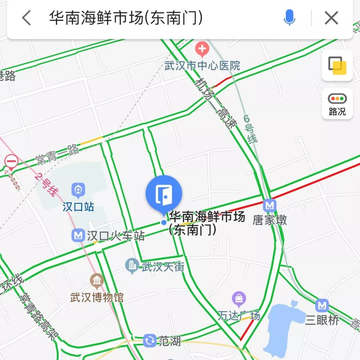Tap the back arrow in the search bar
[x=26, y=18]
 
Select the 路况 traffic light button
[x=337, y=104]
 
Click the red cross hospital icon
[x=202, y=50]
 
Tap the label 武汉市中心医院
[x=202, y=65]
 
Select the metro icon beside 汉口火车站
[x=78, y=236]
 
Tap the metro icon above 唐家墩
[x=269, y=206]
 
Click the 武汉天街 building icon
[x=132, y=266]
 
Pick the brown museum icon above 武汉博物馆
[x=97, y=281]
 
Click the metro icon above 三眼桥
[x=322, y=306]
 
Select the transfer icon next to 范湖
[x=150, y=340]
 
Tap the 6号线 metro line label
[x=250, y=129]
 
